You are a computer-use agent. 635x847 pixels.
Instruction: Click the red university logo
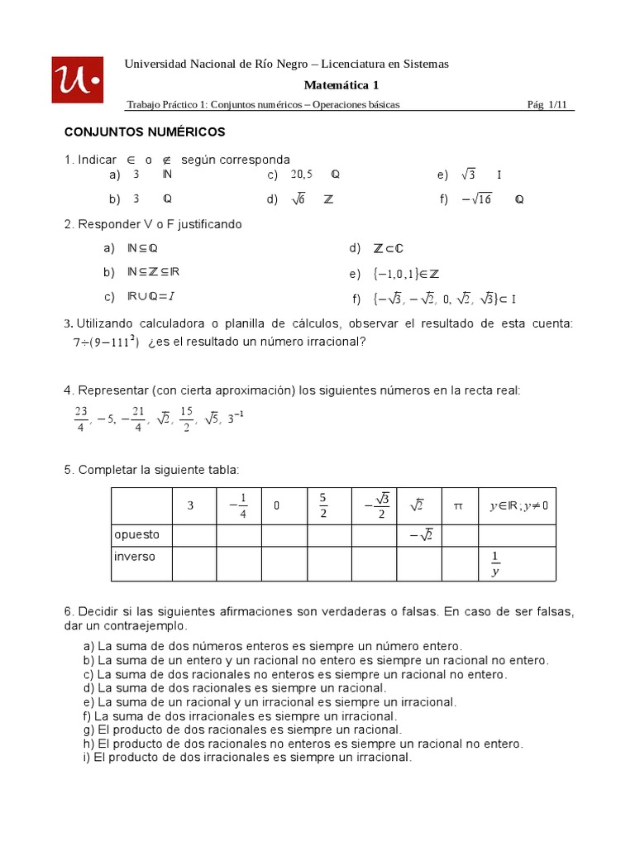pyautogui.click(x=78, y=79)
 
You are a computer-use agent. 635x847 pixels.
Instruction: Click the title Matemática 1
pyautogui.click(x=341, y=84)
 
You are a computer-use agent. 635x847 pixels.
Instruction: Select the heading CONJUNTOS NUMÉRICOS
pyautogui.click(x=145, y=132)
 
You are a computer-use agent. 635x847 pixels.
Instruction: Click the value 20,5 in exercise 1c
pyautogui.click(x=302, y=175)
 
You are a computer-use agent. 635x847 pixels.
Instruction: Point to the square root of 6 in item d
pyautogui.click(x=298, y=199)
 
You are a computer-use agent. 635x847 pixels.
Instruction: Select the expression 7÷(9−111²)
pyautogui.click(x=105, y=342)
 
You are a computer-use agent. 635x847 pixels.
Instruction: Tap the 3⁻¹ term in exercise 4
pyautogui.click(x=236, y=417)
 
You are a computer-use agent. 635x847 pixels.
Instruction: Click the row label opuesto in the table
pyautogui.click(x=137, y=535)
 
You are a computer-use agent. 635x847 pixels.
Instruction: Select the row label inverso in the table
pyautogui.click(x=135, y=557)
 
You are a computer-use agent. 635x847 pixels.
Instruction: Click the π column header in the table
pyautogui.click(x=458, y=505)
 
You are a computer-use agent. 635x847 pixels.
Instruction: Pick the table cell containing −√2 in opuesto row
pyautogui.click(x=420, y=536)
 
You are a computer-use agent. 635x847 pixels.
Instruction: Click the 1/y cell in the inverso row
pyautogui.click(x=495, y=563)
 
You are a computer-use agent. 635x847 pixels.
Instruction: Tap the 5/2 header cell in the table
pyautogui.click(x=322, y=505)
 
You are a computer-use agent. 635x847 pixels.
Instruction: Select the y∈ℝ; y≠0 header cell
pyautogui.click(x=518, y=505)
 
